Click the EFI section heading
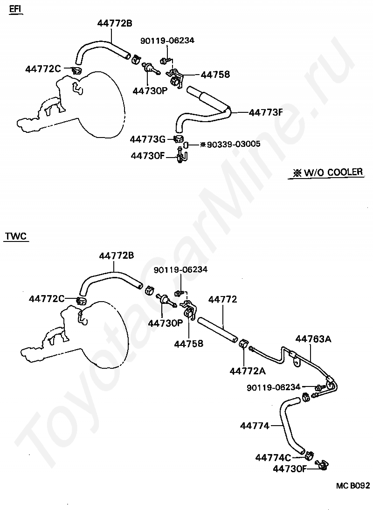(x=16, y=10)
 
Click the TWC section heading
(x=16, y=236)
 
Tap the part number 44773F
(x=266, y=112)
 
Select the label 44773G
(x=148, y=139)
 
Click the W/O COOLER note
(x=328, y=172)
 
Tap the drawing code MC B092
(x=353, y=486)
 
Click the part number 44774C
(x=273, y=457)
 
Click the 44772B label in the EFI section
(x=115, y=23)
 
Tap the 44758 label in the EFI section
(x=215, y=74)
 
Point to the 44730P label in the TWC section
(x=166, y=323)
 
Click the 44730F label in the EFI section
(x=148, y=156)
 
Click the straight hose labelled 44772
(x=217, y=329)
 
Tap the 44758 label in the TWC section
(x=188, y=343)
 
